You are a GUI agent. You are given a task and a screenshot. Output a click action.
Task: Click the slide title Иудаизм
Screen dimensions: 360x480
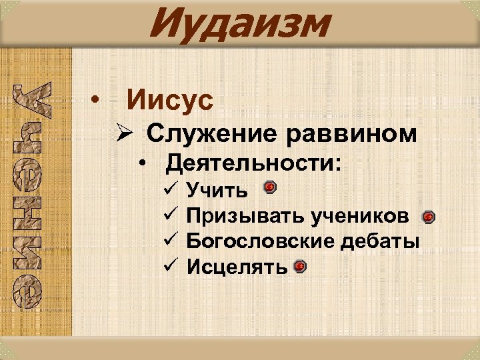(x=239, y=24)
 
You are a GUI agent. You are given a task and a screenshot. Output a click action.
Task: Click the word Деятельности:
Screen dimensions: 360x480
(x=254, y=163)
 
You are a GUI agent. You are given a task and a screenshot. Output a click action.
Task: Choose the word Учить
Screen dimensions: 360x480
(x=217, y=192)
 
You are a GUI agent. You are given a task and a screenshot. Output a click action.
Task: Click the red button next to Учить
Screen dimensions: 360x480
(x=269, y=187)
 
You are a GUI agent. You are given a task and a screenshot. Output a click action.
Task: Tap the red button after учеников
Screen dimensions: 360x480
(x=429, y=217)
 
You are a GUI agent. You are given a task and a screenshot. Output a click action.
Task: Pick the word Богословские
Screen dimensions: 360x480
(x=263, y=241)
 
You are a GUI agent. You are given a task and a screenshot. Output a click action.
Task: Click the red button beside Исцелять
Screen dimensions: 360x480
(x=300, y=266)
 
